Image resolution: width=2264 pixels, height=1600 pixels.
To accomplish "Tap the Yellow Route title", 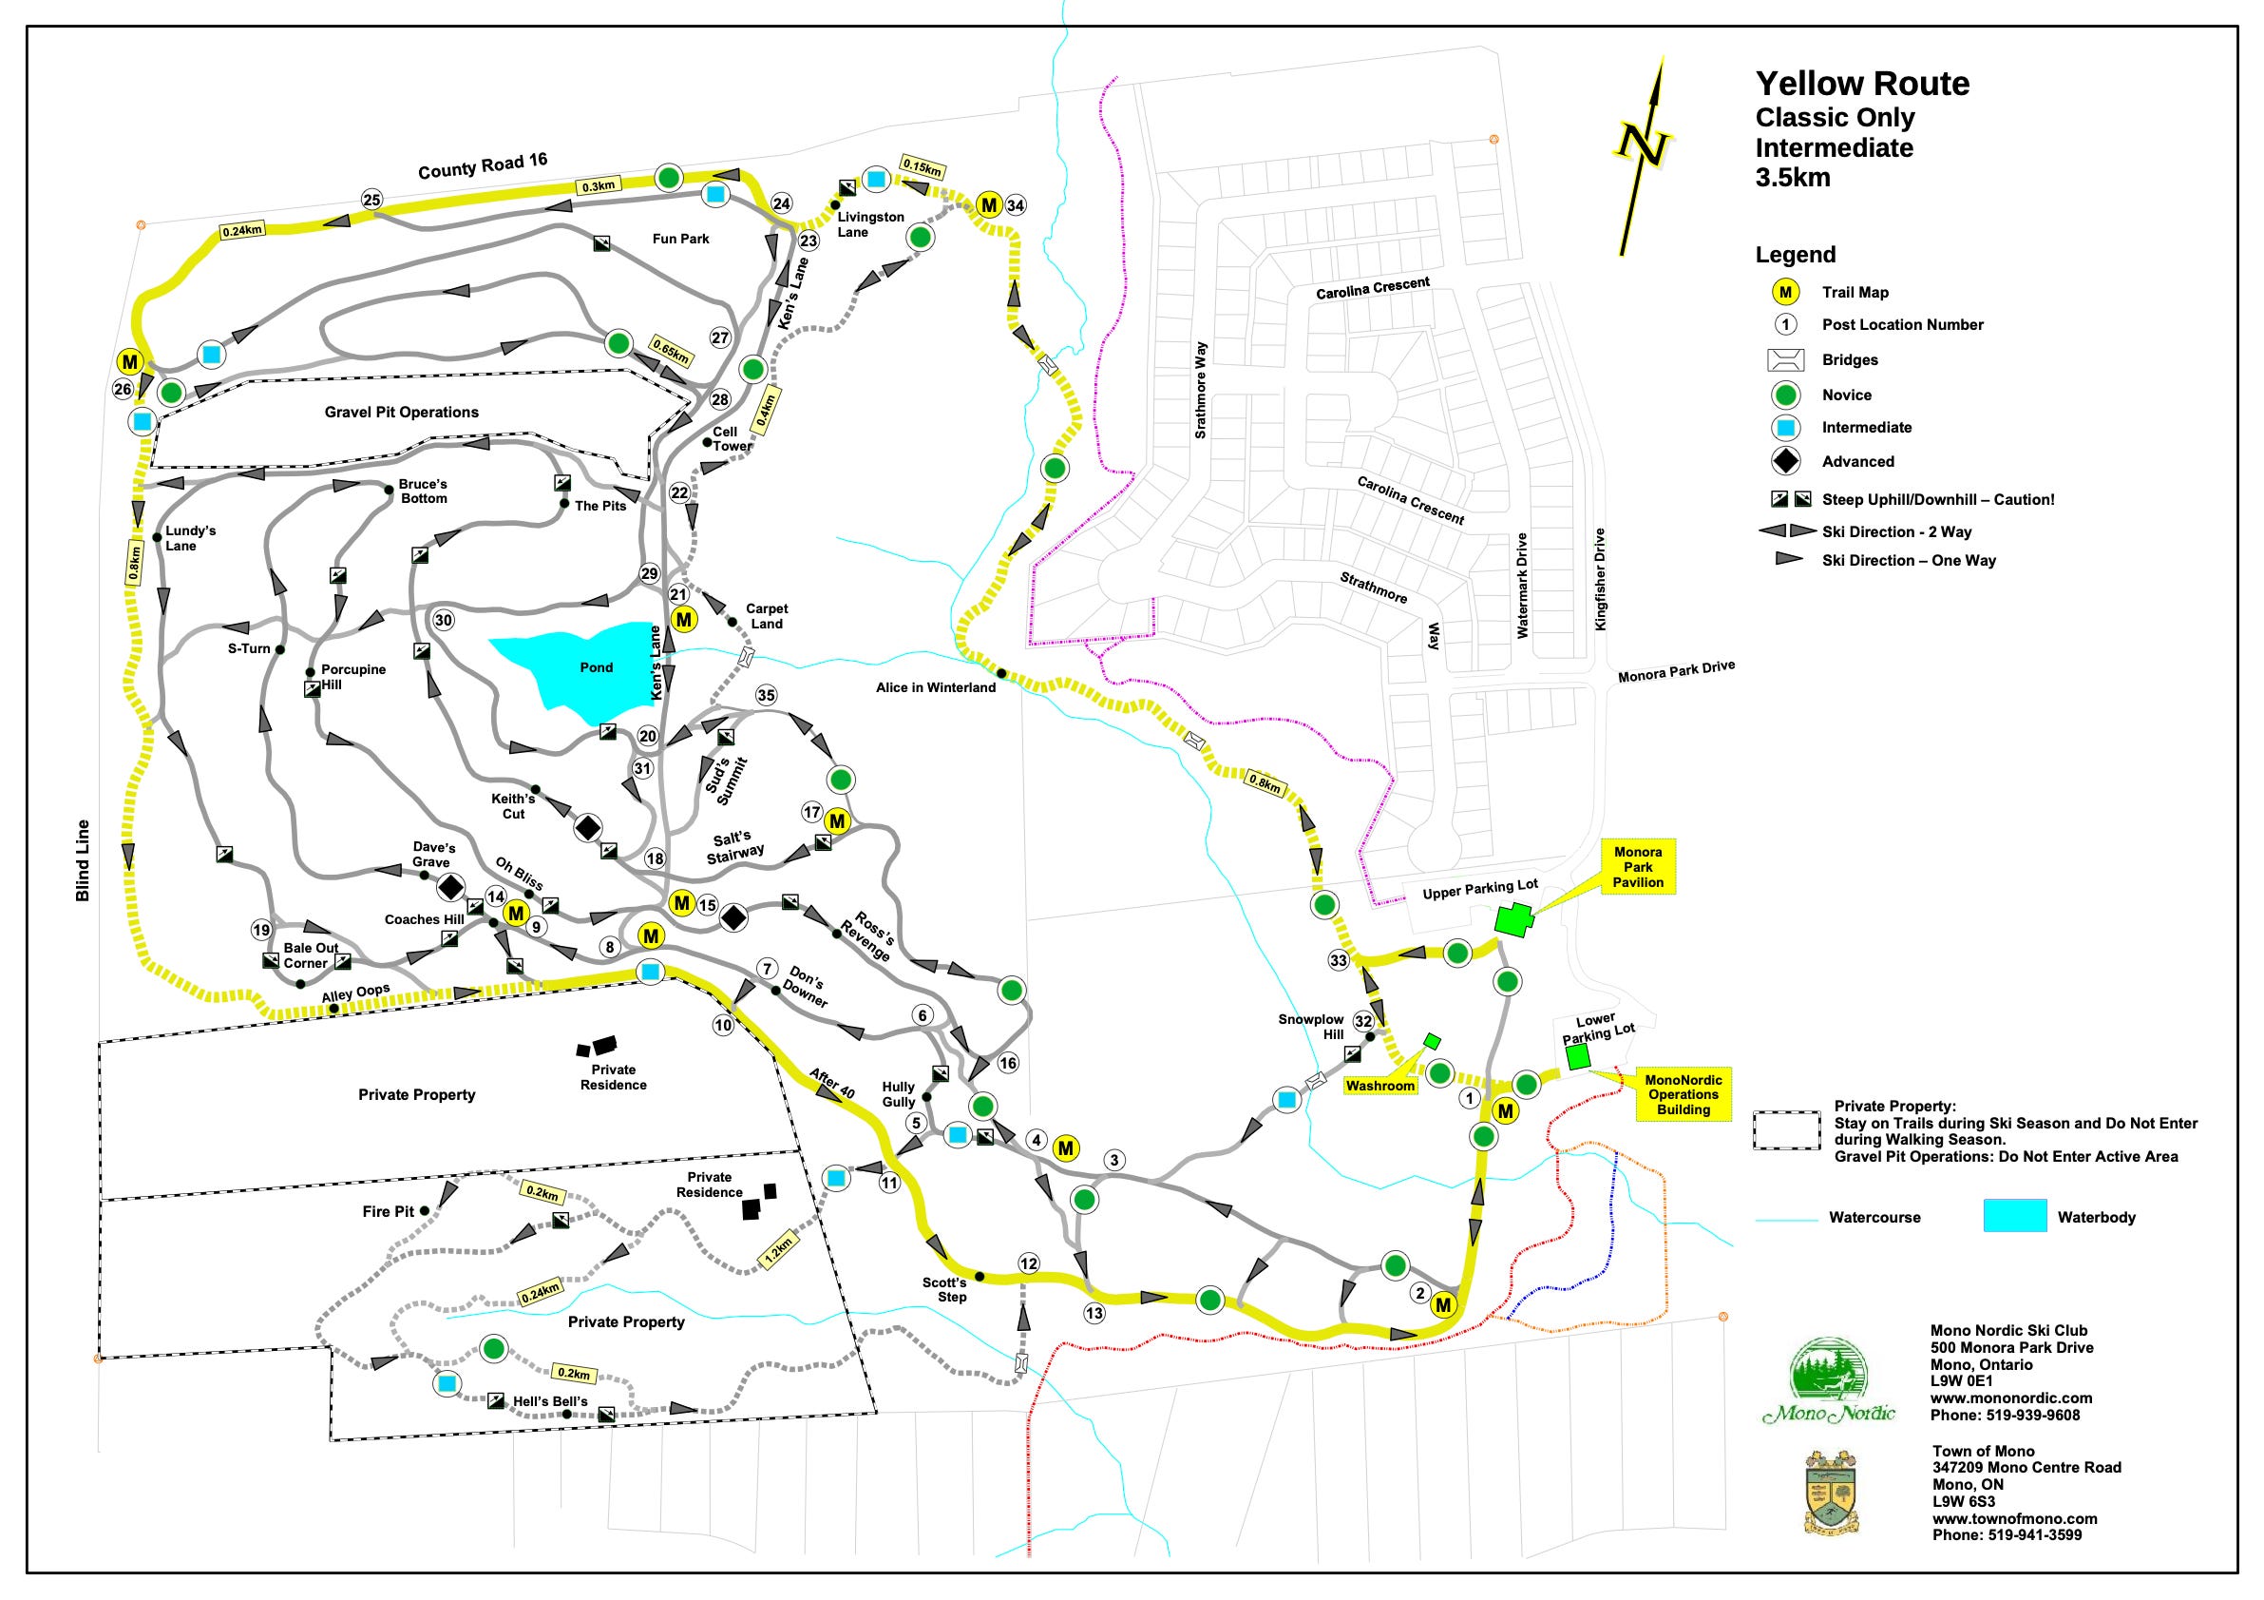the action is pos(1862,84).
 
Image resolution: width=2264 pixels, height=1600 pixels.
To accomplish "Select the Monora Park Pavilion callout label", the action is pos(1638,867).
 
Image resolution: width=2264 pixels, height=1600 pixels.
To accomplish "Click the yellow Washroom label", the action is pos(1380,1086).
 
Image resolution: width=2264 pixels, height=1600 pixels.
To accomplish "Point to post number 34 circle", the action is pos(1016,205).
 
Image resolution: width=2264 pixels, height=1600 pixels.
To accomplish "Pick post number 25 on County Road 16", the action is pos(371,200).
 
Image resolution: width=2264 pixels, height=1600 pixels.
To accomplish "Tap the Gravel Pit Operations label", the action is pos(401,413).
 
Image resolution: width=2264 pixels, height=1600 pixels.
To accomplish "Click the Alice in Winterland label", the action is pos(935,687).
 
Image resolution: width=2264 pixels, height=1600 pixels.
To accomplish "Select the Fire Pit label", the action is pos(389,1211).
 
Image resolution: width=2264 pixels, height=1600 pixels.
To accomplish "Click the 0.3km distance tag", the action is pos(599,185).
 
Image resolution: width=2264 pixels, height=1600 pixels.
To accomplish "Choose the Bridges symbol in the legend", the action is pos(1786,360).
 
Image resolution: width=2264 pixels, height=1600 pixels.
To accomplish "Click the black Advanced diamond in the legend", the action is pos(1786,461).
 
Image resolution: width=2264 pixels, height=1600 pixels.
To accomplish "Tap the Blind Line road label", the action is pos(83,860).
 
